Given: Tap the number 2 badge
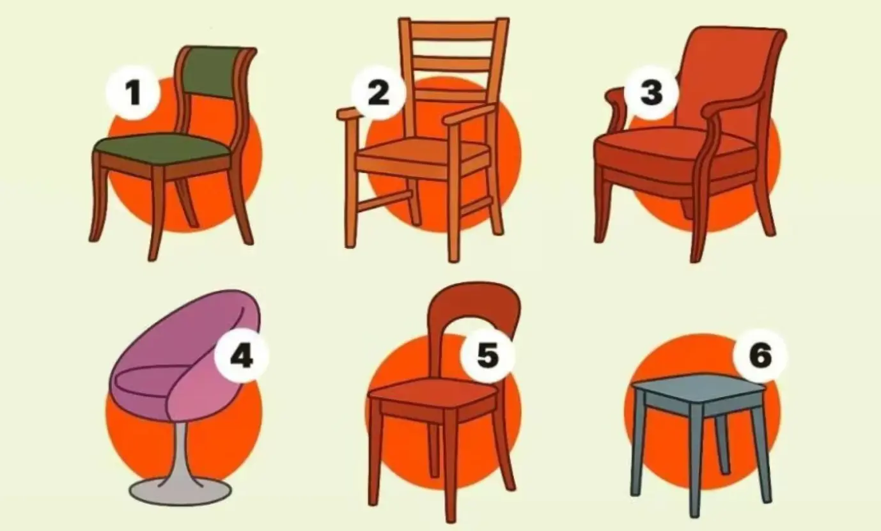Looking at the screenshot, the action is [378, 93].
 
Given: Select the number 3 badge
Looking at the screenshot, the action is [651, 93].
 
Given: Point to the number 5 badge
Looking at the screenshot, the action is [488, 355].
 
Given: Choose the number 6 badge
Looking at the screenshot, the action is [760, 355].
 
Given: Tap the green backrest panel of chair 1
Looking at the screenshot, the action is [215, 73].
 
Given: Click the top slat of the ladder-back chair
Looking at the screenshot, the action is [453, 31].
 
